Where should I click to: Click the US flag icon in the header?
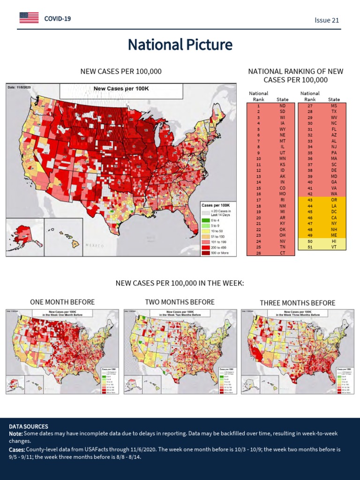(x=29, y=18)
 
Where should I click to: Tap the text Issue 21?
(x=327, y=20)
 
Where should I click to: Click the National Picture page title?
(x=180, y=45)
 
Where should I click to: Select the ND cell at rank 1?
(x=282, y=106)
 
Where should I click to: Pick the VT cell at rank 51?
(x=334, y=247)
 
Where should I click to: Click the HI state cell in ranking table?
(x=334, y=241)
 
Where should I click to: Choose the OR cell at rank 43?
(x=334, y=200)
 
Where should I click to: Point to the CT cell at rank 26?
(x=282, y=253)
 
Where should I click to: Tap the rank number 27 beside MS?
(x=310, y=106)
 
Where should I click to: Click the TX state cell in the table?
(x=334, y=112)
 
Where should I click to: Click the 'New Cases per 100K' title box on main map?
(x=121, y=89)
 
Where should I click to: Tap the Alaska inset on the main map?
(x=24, y=237)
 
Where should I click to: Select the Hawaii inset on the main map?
(x=64, y=237)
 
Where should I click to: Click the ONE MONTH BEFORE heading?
(x=62, y=302)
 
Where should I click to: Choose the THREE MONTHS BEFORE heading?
(x=298, y=303)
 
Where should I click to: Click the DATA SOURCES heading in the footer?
(x=29, y=427)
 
